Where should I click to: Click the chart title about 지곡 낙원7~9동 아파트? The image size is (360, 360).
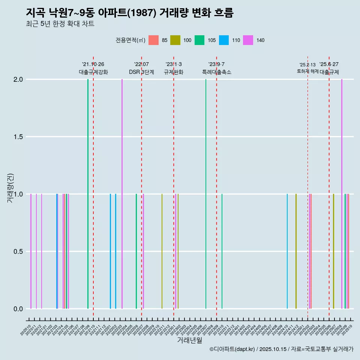[x=130, y=13]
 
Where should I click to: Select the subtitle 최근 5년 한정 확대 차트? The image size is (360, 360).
[x=60, y=24]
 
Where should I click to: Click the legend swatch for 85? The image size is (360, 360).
[x=154, y=40]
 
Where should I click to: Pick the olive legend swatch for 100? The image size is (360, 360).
[x=175, y=40]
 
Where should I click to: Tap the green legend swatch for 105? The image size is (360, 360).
[x=199, y=40]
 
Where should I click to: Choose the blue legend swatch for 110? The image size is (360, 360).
[x=224, y=40]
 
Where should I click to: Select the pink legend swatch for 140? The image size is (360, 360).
[x=248, y=40]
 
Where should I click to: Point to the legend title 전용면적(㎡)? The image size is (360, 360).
[x=130, y=40]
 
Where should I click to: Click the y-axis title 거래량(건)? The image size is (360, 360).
[x=10, y=187]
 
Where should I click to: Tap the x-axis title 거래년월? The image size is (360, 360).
[x=189, y=340]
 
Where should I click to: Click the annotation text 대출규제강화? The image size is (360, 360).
[x=93, y=72]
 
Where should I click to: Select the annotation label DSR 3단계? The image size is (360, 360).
[x=141, y=72]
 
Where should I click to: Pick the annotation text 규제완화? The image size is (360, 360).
[x=174, y=72]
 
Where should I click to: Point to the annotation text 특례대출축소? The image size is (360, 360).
[x=216, y=72]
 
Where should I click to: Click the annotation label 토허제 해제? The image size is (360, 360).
[x=307, y=71]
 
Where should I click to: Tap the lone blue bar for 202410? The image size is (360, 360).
[x=287, y=251]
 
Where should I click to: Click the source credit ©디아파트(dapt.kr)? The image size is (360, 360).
[x=232, y=349]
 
